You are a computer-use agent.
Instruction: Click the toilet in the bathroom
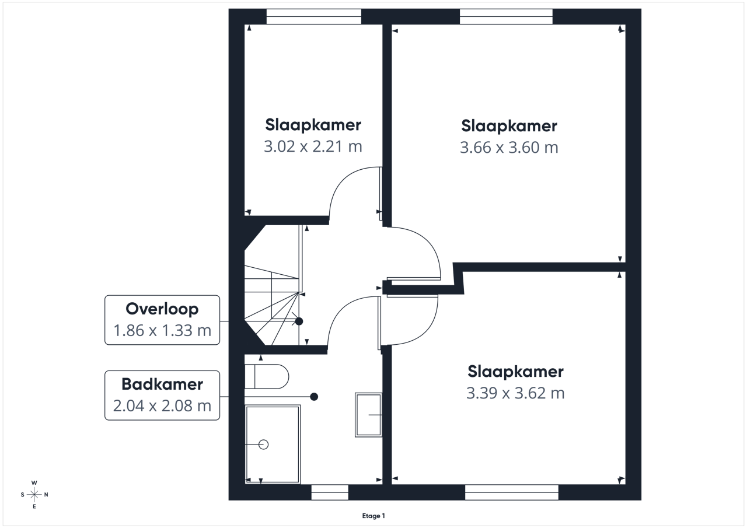coord(267,377)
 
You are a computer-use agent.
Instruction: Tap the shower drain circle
coord(263,445)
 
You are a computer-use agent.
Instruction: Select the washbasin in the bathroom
coord(368,415)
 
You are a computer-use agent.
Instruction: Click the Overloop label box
coord(162,320)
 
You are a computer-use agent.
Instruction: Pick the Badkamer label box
coord(162,396)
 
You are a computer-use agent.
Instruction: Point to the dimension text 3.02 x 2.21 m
coord(313,146)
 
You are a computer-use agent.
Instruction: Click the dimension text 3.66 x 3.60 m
coord(509,148)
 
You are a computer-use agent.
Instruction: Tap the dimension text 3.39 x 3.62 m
coord(515,393)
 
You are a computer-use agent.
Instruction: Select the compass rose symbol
coord(34,494)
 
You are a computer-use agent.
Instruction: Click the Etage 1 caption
coord(373,516)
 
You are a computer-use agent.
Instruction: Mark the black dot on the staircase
coord(299,321)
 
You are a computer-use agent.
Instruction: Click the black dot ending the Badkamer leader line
coord(314,397)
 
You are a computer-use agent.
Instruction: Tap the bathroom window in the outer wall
coord(330,492)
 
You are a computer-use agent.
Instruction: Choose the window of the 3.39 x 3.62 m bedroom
coord(512,492)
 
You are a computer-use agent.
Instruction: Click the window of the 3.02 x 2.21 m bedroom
coord(313,16)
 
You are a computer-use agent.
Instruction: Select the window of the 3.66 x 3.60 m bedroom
coord(506,16)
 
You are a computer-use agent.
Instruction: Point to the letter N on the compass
coord(46,495)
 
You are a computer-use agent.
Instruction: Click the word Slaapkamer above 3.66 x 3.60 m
coord(509,126)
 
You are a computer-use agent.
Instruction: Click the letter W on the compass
coord(34,482)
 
